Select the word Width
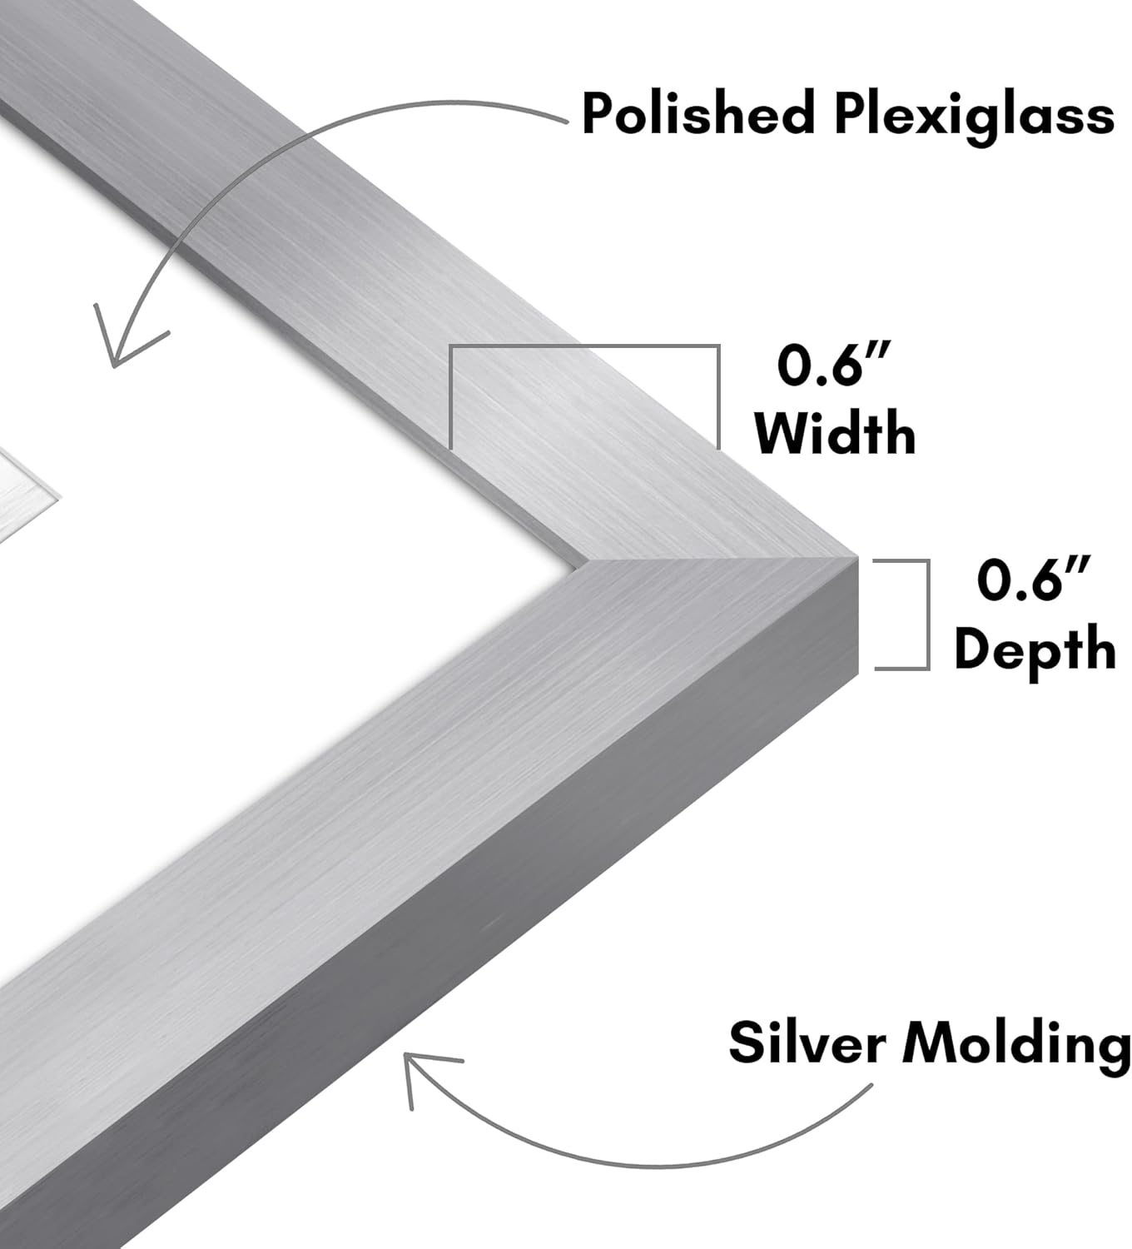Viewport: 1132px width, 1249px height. coord(835,432)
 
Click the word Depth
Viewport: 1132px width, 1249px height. coord(1035,649)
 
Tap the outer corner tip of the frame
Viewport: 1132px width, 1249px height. coord(855,555)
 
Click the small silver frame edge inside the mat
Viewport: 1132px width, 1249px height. coord(25,491)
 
